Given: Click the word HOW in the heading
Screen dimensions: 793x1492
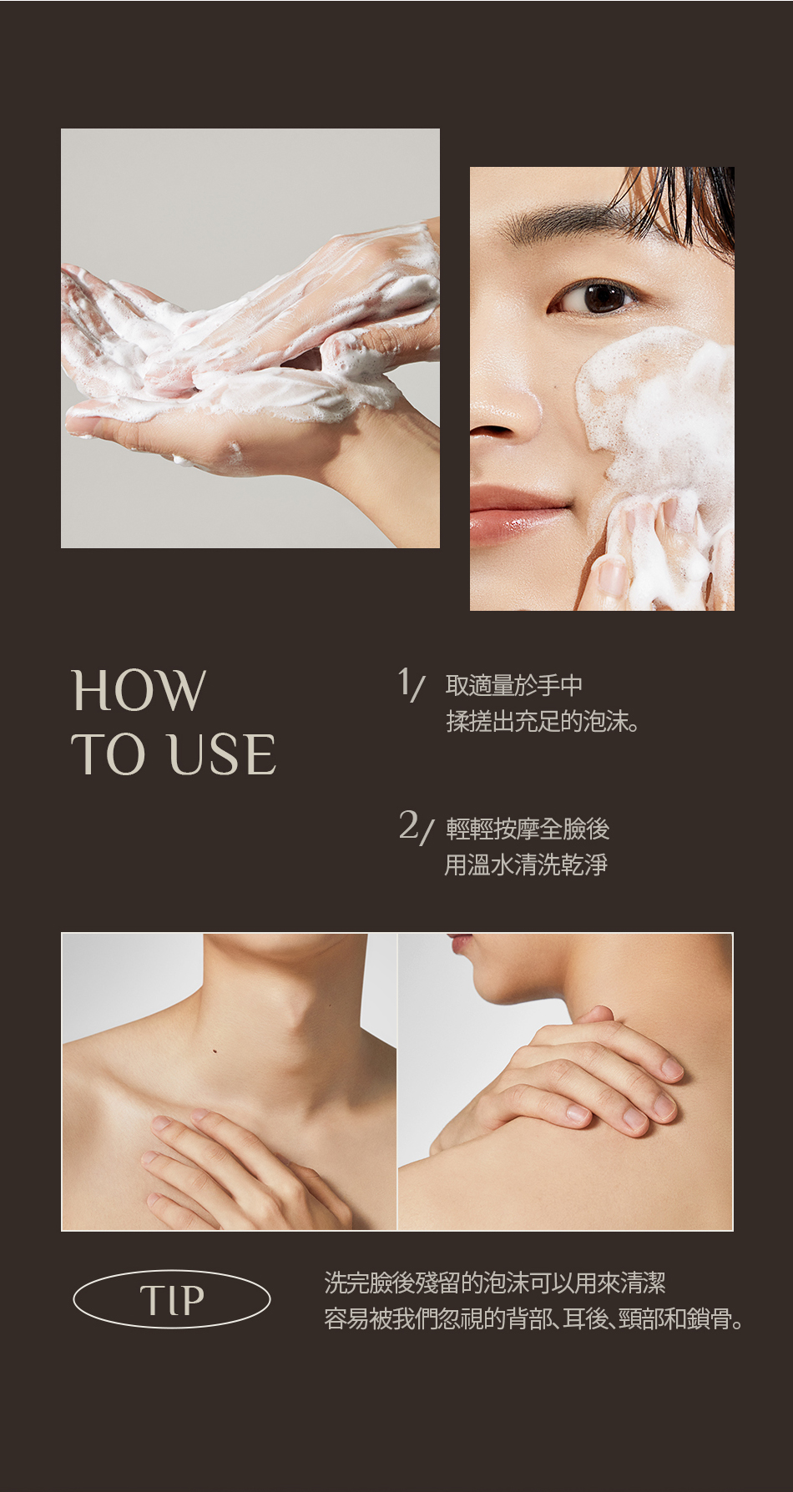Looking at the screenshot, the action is tap(139, 690).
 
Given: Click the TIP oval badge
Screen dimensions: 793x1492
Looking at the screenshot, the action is tap(172, 1299).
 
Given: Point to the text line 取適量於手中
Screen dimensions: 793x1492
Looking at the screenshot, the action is tap(514, 686).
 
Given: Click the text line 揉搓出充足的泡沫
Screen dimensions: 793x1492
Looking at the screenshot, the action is tap(543, 721).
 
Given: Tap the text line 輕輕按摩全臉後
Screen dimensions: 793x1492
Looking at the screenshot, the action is tap(528, 829).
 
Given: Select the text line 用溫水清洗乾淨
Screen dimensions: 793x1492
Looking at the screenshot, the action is tap(526, 864).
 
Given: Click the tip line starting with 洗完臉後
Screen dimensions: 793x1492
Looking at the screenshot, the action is tap(495, 1283).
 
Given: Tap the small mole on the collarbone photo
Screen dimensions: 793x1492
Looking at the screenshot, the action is tap(215, 1051).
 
